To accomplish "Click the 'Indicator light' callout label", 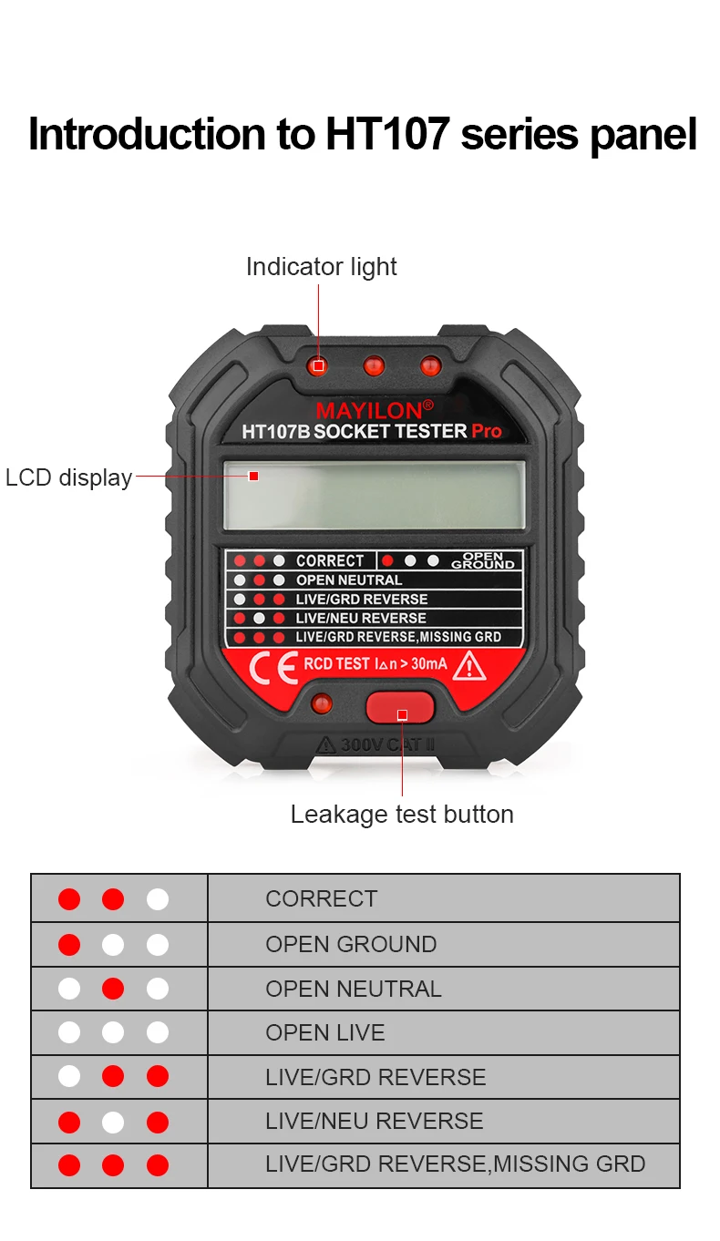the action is tap(321, 267).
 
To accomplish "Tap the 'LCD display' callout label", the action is tap(68, 477).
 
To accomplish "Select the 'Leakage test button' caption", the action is tap(402, 814).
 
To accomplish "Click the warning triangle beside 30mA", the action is tap(469, 666).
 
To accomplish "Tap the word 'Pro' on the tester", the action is tap(487, 432).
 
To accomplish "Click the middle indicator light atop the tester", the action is tap(374, 366).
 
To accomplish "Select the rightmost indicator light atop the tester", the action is tap(429, 366).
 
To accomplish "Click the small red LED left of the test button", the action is tap(321, 703).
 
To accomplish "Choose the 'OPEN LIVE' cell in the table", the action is tap(325, 1032).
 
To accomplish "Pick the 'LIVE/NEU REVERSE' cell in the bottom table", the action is tap(375, 1121).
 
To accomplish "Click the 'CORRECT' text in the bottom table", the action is tap(321, 898).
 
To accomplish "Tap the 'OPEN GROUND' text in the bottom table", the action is tap(351, 944).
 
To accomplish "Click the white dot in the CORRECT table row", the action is tap(158, 899).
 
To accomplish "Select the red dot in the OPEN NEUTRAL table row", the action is tap(113, 989).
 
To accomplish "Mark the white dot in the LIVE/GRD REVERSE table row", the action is tap(69, 1077).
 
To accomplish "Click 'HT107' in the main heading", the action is tap(387, 134).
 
